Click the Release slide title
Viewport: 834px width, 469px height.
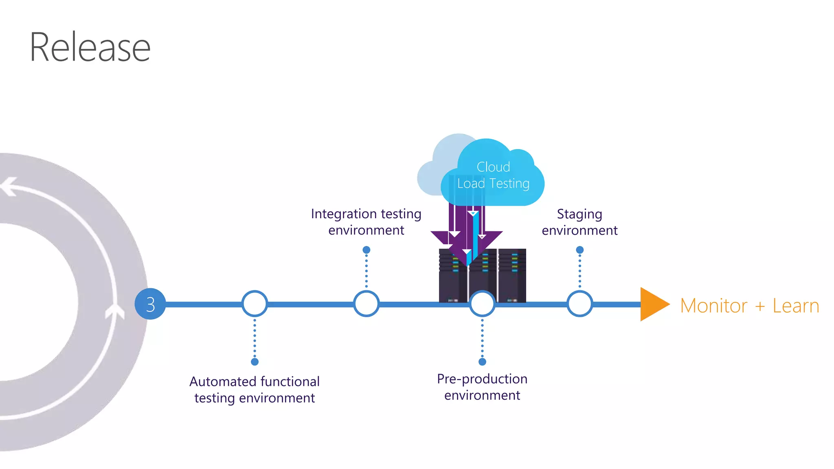pos(90,48)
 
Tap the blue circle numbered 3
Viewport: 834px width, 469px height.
pos(150,304)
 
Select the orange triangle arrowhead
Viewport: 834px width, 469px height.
pos(652,304)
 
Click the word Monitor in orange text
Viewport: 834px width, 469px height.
pos(713,306)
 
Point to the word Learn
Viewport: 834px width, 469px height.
pos(796,306)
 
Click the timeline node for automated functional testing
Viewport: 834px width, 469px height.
pos(255,304)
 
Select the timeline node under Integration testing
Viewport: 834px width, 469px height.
pos(366,304)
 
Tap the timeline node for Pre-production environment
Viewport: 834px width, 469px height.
pos(482,304)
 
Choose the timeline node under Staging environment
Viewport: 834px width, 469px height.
pos(579,304)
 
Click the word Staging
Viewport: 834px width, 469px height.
pos(579,214)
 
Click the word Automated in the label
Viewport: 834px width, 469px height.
pos(222,381)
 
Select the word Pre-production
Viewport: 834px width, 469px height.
pos(482,379)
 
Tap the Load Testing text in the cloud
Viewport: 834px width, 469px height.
pos(493,184)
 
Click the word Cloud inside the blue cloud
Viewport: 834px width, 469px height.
pos(493,167)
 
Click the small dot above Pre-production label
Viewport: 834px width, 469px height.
pos(482,362)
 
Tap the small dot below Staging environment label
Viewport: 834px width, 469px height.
pos(580,250)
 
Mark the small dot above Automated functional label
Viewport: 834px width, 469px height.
pos(255,362)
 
